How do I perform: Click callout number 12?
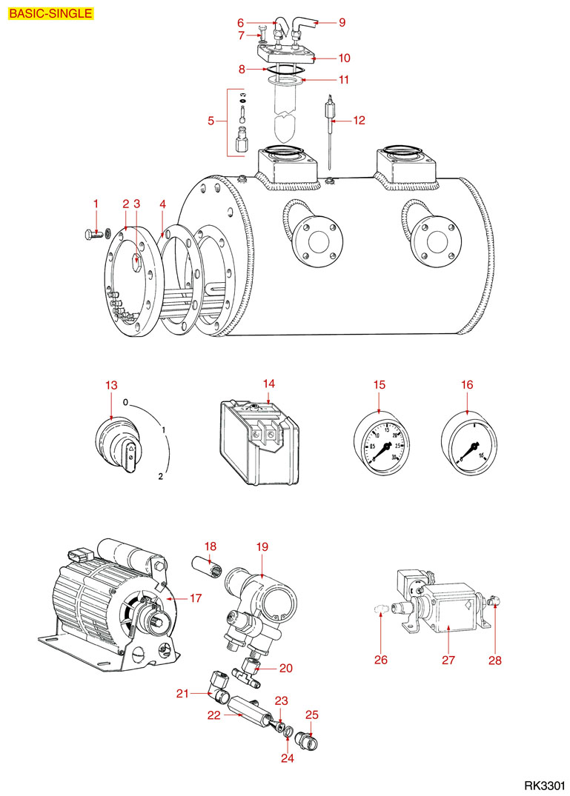(359, 120)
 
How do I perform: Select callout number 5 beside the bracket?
(211, 120)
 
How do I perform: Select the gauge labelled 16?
(468, 445)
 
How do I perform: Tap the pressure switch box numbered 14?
(259, 444)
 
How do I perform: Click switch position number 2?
(160, 476)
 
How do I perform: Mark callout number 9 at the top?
(342, 22)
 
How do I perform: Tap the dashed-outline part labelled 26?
(380, 609)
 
